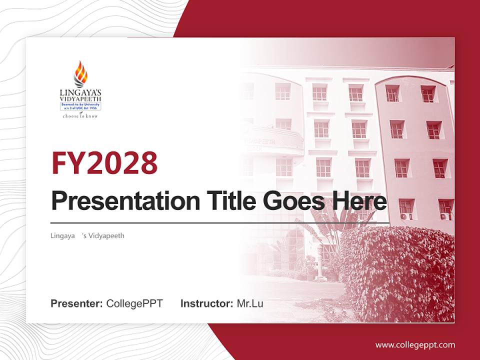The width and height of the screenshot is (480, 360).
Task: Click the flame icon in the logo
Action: point(80,73)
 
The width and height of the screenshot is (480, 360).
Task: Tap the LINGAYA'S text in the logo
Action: point(80,92)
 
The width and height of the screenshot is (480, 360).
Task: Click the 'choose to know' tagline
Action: point(80,116)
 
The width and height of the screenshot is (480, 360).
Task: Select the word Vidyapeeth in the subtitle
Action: point(105,235)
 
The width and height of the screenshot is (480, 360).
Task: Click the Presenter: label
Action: point(77,303)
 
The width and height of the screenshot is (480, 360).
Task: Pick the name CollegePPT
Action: point(134,303)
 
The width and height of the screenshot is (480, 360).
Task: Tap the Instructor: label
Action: point(206,303)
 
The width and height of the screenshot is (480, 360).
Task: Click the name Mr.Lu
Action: point(250,303)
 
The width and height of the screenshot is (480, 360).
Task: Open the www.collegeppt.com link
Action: point(415,344)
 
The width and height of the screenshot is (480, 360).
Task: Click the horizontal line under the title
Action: point(220,223)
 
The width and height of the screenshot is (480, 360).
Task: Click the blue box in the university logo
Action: point(80,106)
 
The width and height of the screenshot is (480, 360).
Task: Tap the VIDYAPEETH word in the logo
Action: point(80,99)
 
